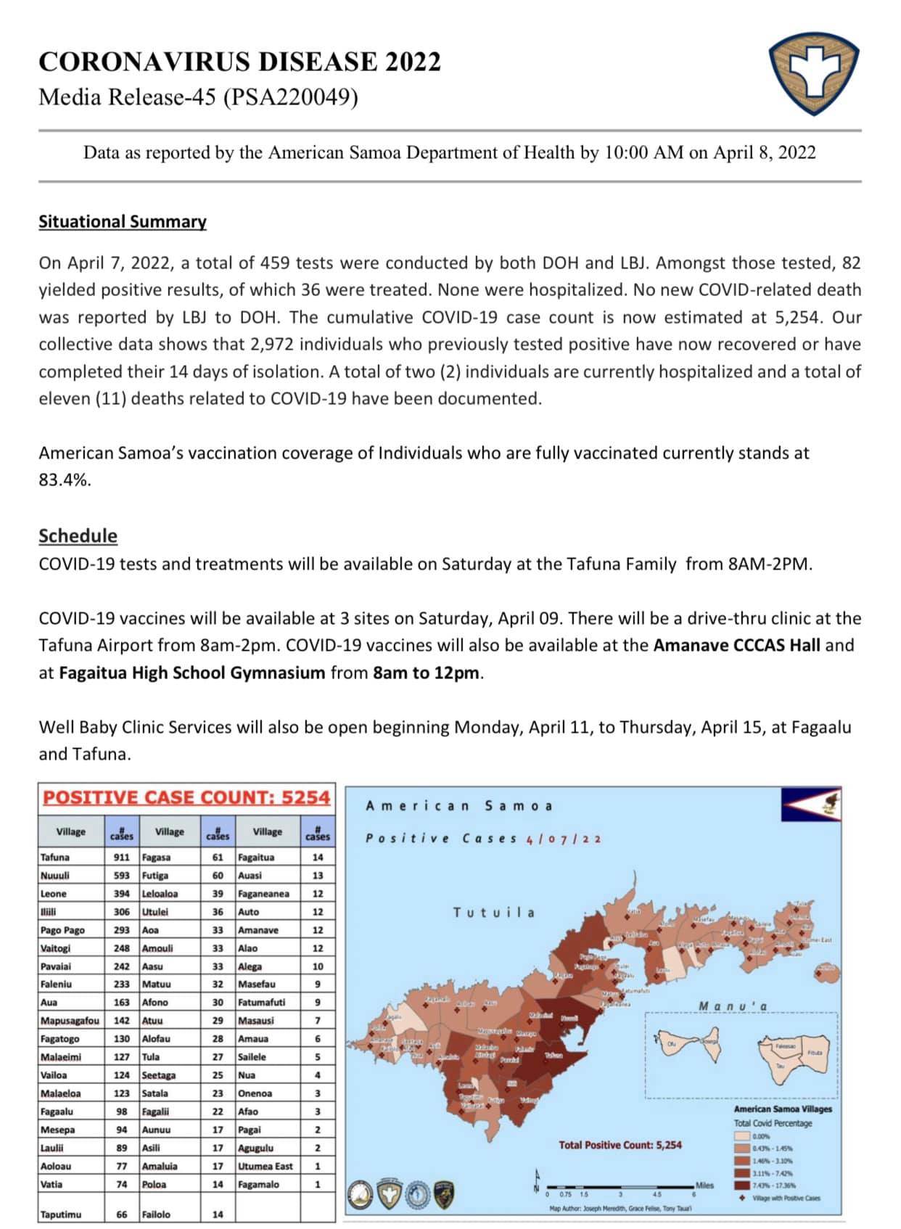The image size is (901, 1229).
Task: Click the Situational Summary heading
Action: tap(123, 221)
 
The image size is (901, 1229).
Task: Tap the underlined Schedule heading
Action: tap(78, 535)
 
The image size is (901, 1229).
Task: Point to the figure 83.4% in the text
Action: tap(65, 480)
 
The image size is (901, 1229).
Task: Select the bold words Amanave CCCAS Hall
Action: tap(736, 645)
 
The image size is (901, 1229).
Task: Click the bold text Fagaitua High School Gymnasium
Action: tap(192, 673)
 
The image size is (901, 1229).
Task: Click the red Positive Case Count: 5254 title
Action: tap(186, 797)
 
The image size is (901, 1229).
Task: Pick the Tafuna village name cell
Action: tap(56, 857)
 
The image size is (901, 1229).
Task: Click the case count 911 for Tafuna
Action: tap(121, 857)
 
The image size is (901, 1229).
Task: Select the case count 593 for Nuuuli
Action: tap(121, 875)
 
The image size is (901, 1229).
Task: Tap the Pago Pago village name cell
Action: tap(63, 930)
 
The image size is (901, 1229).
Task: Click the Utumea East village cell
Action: tap(266, 1166)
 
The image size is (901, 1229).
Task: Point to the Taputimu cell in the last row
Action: tap(61, 1214)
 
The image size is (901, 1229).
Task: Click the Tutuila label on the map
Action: tap(494, 913)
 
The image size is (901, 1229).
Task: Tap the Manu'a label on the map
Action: tap(733, 1006)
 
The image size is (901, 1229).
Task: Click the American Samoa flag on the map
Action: tap(811, 802)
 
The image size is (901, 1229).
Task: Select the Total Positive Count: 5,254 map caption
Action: tap(620, 1145)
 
